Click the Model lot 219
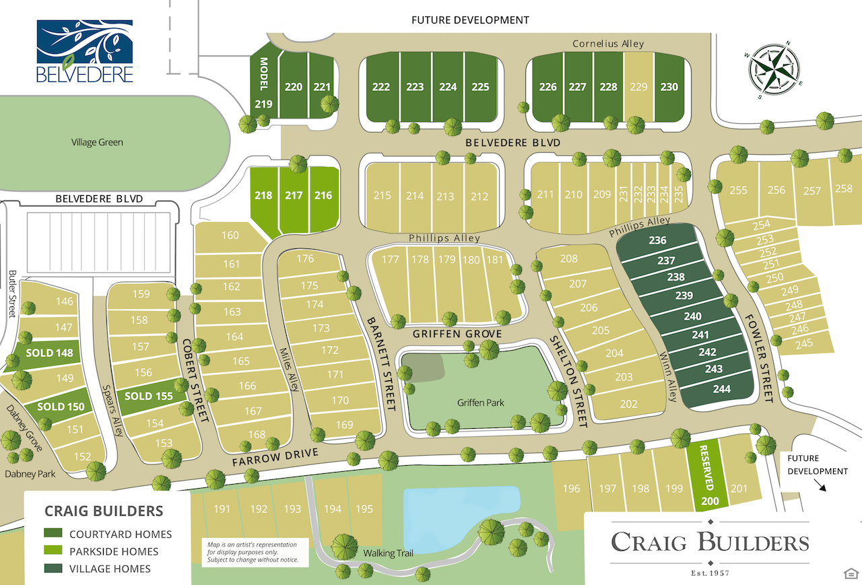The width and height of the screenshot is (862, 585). click(x=263, y=91)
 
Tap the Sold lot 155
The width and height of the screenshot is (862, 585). click(x=149, y=396)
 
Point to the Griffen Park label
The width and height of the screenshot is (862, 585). click(x=481, y=403)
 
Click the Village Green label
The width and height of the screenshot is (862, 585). click(x=97, y=143)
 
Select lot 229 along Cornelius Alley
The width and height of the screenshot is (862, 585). click(x=638, y=87)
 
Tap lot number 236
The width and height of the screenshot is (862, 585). click(x=657, y=240)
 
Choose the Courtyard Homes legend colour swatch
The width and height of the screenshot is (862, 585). click(x=53, y=534)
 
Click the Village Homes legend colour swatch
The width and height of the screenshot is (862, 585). click(x=53, y=569)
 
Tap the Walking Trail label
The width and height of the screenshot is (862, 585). click(x=388, y=553)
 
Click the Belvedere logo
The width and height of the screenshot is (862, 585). click(x=85, y=51)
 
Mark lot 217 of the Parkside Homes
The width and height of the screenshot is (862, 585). click(x=294, y=196)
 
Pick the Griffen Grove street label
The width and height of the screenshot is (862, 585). click(x=458, y=334)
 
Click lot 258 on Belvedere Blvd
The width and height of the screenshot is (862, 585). click(x=844, y=188)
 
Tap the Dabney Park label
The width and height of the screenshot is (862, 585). click(x=30, y=474)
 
